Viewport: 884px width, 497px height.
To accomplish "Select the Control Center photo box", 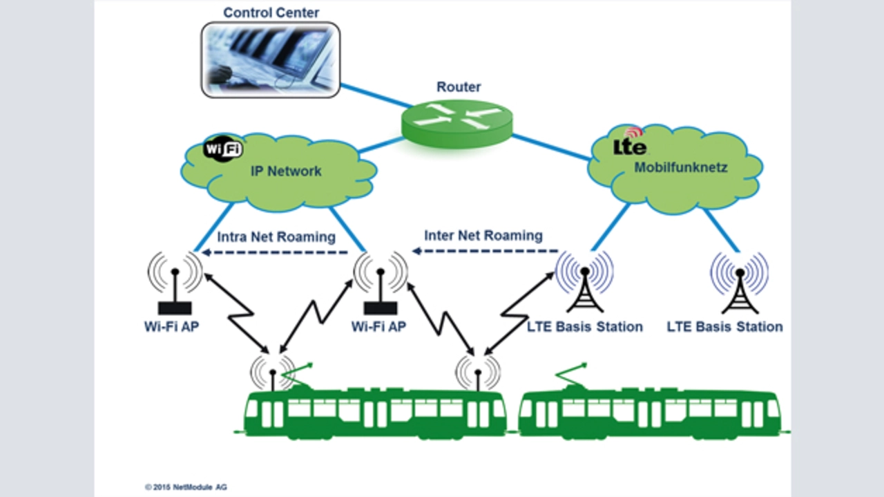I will pyautogui.click(x=271, y=59).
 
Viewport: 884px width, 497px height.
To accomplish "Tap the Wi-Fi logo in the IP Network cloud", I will pyautogui.click(x=222, y=149).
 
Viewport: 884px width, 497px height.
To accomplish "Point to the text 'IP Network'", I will pyautogui.click(x=285, y=171).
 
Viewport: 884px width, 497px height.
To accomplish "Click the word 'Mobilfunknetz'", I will pyautogui.click(x=681, y=167).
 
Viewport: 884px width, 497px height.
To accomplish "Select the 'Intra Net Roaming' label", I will pyautogui.click(x=276, y=237).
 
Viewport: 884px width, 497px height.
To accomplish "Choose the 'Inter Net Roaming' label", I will pyautogui.click(x=483, y=235).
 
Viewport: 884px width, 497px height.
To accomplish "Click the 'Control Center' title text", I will pyautogui.click(x=271, y=12).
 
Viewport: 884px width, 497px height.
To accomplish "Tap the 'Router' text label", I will pyautogui.click(x=459, y=87).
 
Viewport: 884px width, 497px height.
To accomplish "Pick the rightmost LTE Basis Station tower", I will pyautogui.click(x=740, y=284).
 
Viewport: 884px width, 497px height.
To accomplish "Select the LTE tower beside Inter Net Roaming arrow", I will pyautogui.click(x=584, y=283).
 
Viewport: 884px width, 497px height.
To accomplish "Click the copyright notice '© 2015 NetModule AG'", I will pyautogui.click(x=186, y=487).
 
